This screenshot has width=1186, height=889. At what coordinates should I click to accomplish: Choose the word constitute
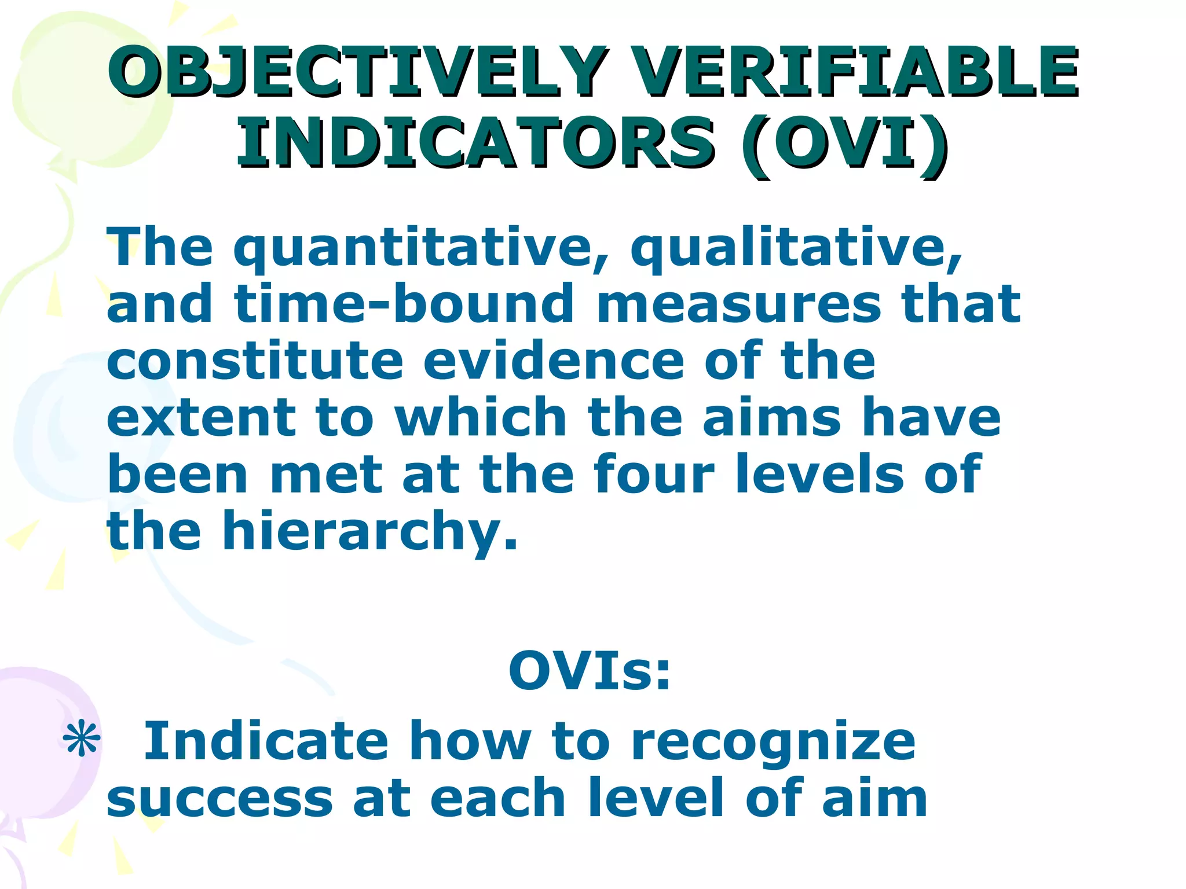click(x=255, y=361)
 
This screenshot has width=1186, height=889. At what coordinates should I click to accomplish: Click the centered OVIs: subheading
click(x=590, y=671)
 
